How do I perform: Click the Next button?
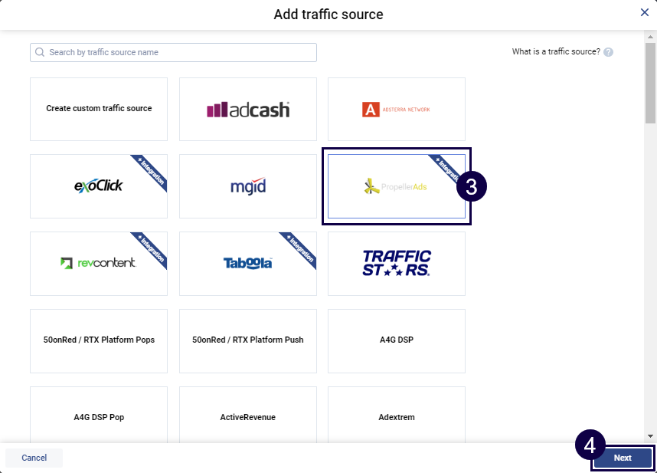pyautogui.click(x=622, y=458)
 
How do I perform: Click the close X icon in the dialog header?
pyautogui.click(x=645, y=12)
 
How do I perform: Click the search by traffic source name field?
pyautogui.click(x=173, y=52)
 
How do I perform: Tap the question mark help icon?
pyautogui.click(x=608, y=52)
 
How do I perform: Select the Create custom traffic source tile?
pyautogui.click(x=99, y=109)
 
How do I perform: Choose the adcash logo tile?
pyautogui.click(x=248, y=110)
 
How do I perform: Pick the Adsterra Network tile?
pyautogui.click(x=396, y=110)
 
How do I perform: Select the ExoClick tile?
pyautogui.click(x=99, y=186)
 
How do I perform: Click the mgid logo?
pyautogui.click(x=248, y=186)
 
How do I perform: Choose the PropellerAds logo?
pyautogui.click(x=396, y=186)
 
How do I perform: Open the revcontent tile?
pyautogui.click(x=99, y=263)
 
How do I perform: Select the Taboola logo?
pyautogui.click(x=248, y=263)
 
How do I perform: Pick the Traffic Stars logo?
pyautogui.click(x=396, y=263)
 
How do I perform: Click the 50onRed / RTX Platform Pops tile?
pyautogui.click(x=99, y=340)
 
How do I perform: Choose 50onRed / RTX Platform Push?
pyautogui.click(x=248, y=340)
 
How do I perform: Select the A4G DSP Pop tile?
pyautogui.click(x=99, y=417)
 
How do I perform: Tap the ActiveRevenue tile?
pyautogui.click(x=248, y=417)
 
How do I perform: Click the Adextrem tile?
pyautogui.click(x=396, y=417)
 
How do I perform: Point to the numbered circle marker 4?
pyautogui.click(x=590, y=445)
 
